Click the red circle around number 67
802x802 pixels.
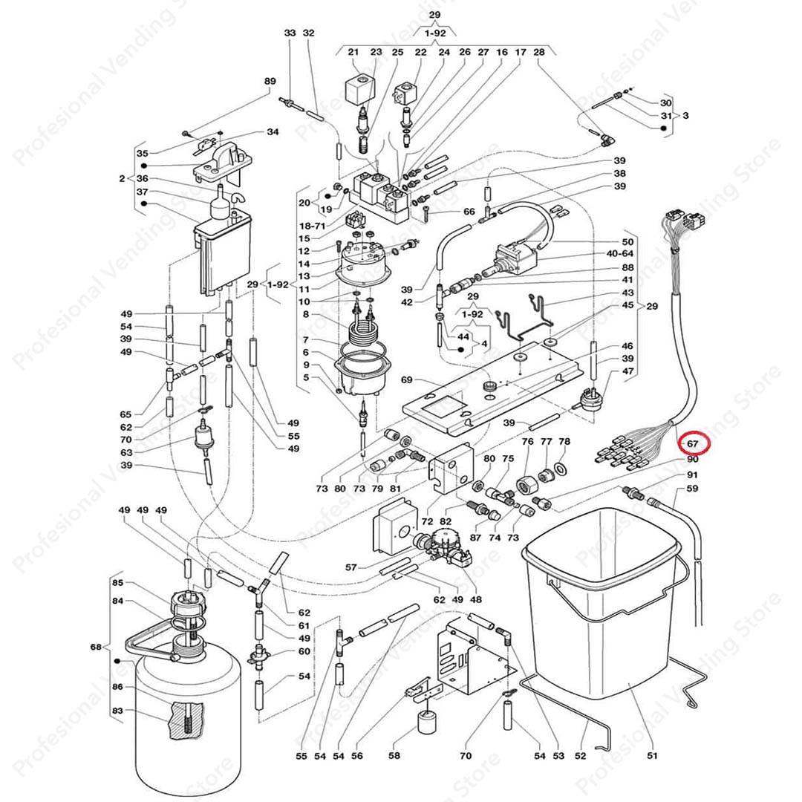pos(696,444)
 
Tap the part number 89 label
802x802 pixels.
pos(270,81)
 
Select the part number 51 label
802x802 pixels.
pos(653,756)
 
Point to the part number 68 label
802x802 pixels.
pos(96,648)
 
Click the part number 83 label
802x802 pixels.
pos(117,711)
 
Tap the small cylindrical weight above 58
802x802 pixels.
pos(427,721)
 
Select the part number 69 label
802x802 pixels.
pos(406,379)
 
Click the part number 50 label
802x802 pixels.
pos(628,242)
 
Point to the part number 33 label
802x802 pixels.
pos(290,33)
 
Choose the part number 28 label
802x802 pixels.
pos(539,52)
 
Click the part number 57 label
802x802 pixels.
pos(351,567)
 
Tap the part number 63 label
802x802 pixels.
pos(126,452)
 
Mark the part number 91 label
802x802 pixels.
pos(692,475)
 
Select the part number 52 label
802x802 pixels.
pos(580,756)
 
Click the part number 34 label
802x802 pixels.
pos(273,132)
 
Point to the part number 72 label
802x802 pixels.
pos(427,522)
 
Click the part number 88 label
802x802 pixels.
pos(628,267)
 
